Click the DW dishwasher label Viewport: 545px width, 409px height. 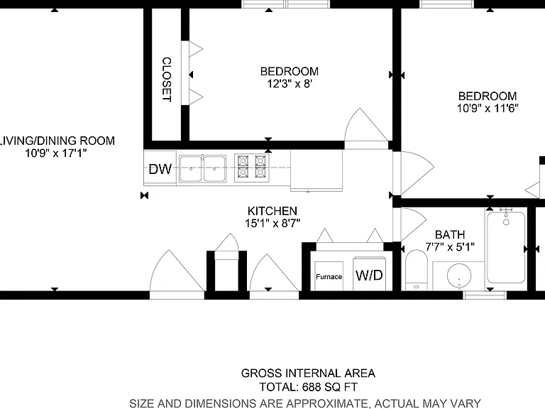coord(160,169)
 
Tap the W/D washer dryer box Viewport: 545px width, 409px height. coord(369,273)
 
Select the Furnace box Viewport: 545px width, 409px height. coord(329,276)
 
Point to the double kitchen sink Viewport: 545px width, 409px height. coord(202,169)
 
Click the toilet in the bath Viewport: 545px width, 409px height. coord(417,270)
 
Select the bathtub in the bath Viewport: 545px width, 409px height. coord(506,247)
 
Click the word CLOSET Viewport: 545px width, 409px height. coord(167,80)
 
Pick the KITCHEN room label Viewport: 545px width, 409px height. coord(272,211)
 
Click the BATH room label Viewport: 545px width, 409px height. coord(450,234)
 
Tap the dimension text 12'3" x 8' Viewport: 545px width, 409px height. coord(290,84)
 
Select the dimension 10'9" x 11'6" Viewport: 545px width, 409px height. coord(488,108)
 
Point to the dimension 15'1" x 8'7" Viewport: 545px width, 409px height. coord(272,223)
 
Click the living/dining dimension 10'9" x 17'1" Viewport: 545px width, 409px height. coord(55,153)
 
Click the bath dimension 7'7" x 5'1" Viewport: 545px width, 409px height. coord(450,247)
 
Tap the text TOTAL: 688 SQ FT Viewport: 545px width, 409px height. coord(308,387)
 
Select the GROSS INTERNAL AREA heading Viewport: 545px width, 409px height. coord(308,373)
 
